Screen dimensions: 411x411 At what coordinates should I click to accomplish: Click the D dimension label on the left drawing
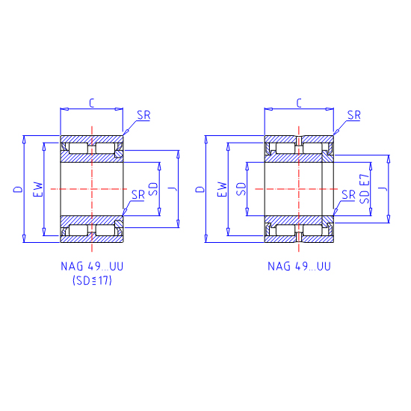(19, 189)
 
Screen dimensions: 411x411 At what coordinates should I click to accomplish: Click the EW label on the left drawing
(38, 189)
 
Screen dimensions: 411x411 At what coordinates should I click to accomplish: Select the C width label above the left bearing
(91, 103)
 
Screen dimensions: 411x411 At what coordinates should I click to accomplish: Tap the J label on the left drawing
(173, 189)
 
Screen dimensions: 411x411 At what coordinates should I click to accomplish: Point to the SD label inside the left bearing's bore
(154, 189)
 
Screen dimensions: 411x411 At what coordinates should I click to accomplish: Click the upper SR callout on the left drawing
(144, 115)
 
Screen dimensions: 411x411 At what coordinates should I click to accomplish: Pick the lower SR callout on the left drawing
(138, 195)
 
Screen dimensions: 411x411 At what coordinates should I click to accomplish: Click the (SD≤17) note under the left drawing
(92, 280)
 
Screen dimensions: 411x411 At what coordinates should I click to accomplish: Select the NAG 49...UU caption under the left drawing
(92, 266)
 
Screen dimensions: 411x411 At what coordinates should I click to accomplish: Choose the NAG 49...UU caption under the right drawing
(299, 266)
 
